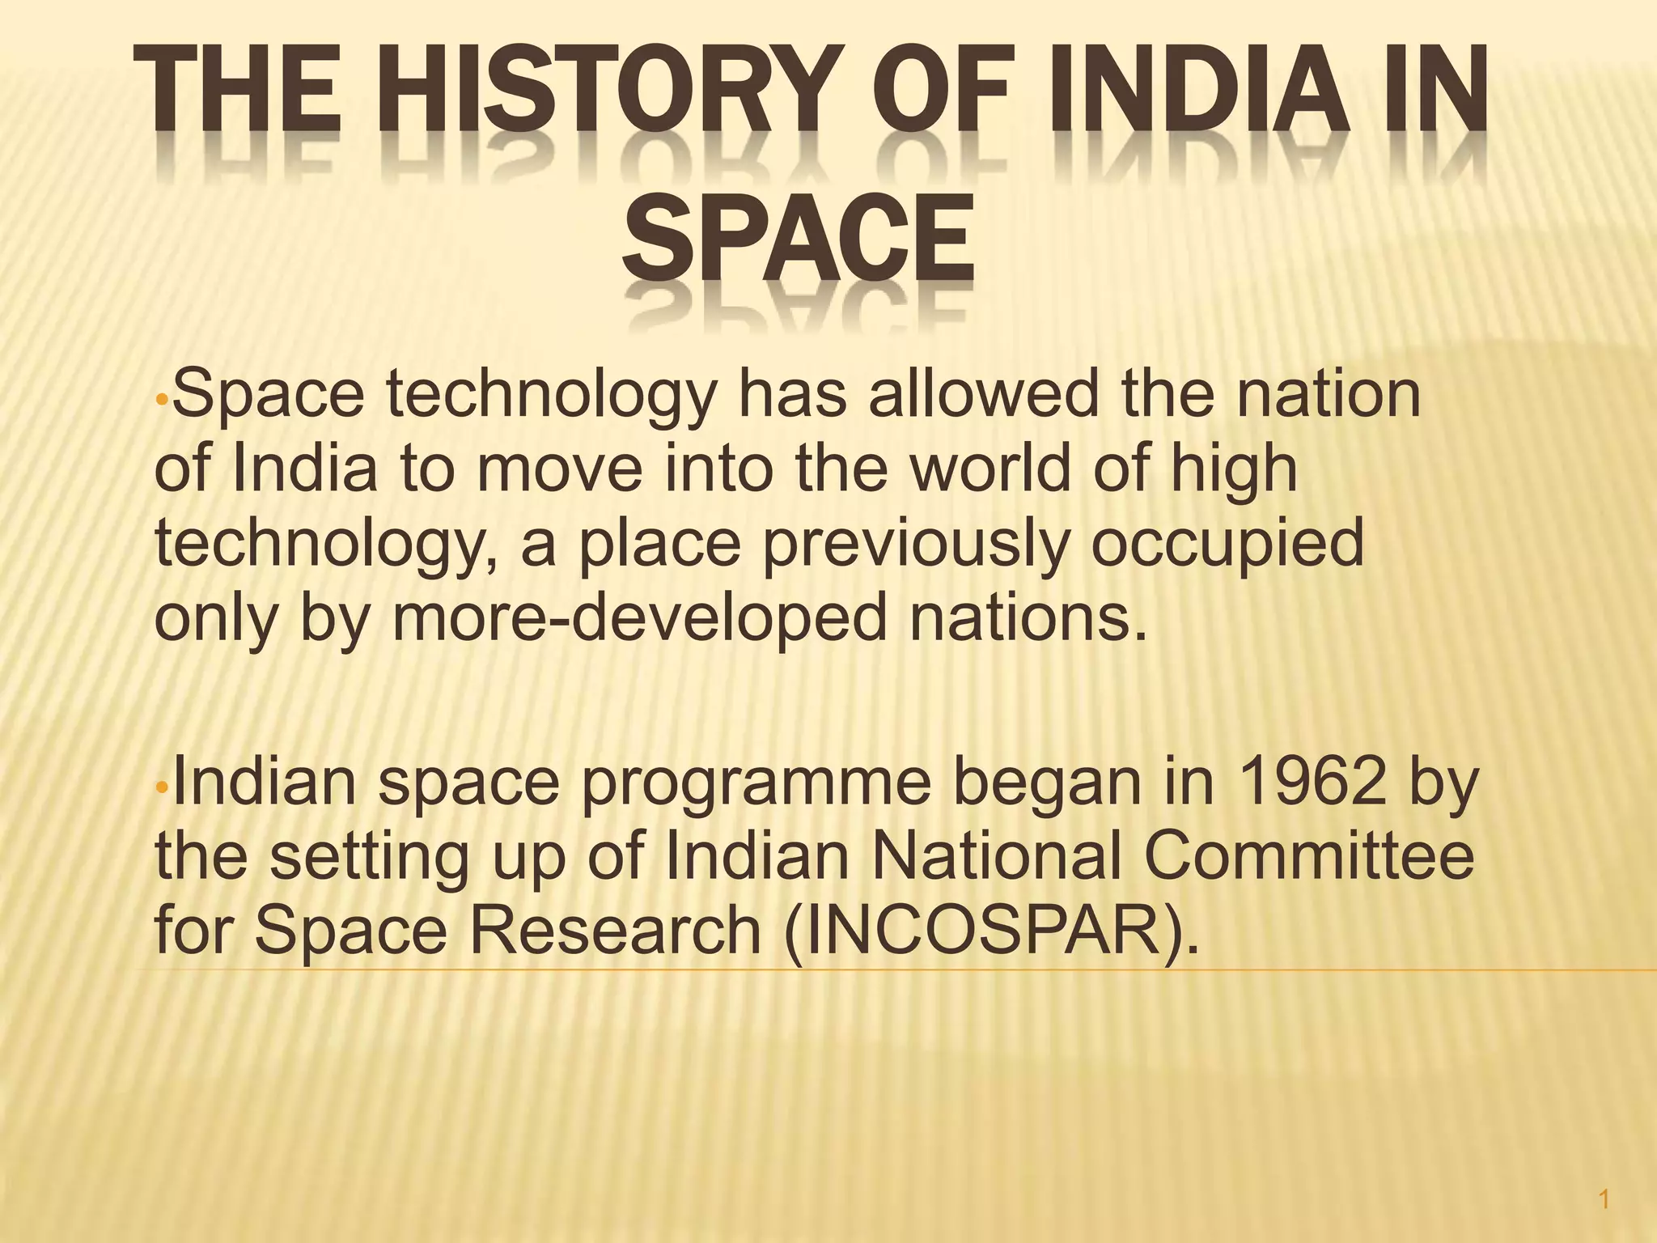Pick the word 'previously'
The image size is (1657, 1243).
pos(914,542)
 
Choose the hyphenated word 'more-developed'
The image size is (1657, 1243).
pos(639,618)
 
